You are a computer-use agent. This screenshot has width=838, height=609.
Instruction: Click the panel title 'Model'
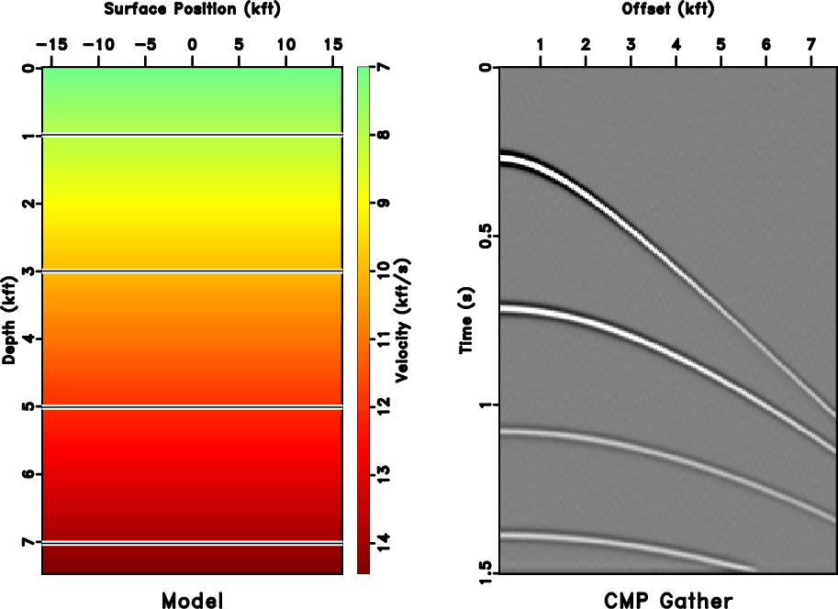tap(192, 600)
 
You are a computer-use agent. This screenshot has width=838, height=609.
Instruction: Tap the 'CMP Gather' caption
tap(668, 600)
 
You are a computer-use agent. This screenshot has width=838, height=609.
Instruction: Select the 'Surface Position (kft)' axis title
tap(192, 9)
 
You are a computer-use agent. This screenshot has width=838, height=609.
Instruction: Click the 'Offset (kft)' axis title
tap(667, 9)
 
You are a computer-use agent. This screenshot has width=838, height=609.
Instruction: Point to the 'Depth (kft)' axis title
tap(9, 321)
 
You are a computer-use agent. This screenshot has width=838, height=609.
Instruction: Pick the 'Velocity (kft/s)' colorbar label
tap(401, 321)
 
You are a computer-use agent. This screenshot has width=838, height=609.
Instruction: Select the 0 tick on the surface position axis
tap(192, 44)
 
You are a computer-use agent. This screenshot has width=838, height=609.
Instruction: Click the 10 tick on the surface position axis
tap(286, 44)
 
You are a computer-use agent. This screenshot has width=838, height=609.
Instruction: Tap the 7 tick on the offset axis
tap(810, 44)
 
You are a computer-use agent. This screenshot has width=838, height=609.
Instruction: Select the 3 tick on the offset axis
tap(631, 44)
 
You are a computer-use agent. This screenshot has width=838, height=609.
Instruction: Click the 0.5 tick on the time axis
tap(486, 237)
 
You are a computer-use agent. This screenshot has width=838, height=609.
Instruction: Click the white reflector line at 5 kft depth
tap(192, 406)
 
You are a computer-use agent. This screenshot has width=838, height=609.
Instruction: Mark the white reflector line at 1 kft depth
tap(192, 136)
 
